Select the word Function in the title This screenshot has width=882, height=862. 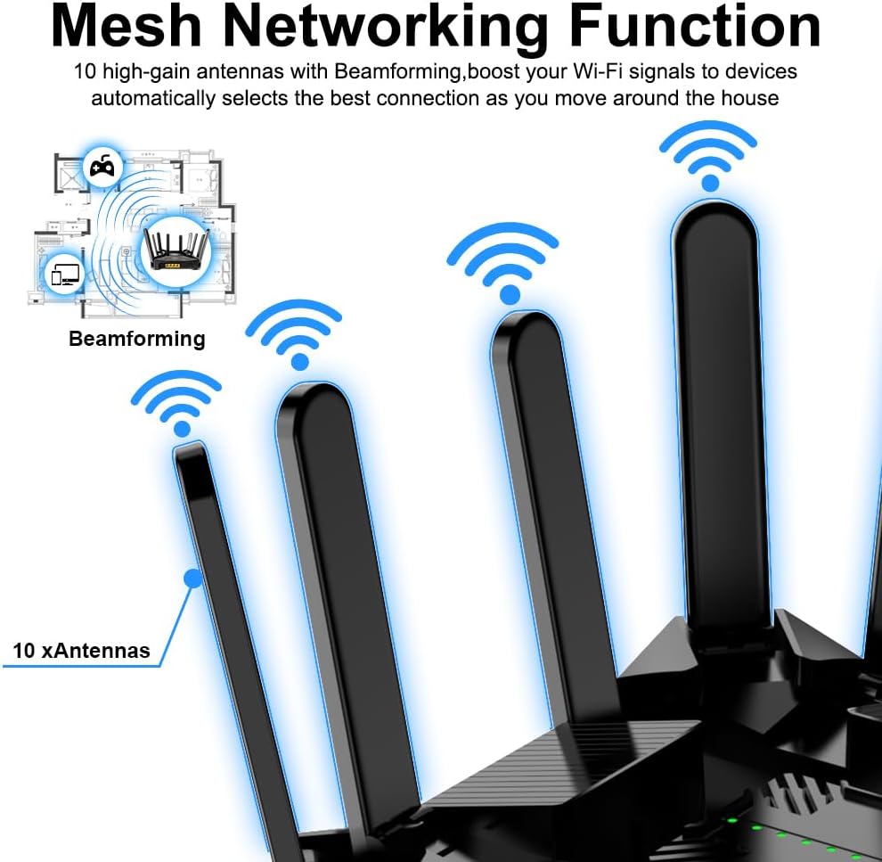pyautogui.click(x=694, y=27)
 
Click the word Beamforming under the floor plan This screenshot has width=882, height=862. pyautogui.click(x=136, y=339)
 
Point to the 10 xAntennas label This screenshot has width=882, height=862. pyautogui.click(x=82, y=651)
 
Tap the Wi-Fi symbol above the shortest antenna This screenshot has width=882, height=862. pyautogui.click(x=176, y=400)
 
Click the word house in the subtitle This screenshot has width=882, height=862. pyautogui.click(x=750, y=97)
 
